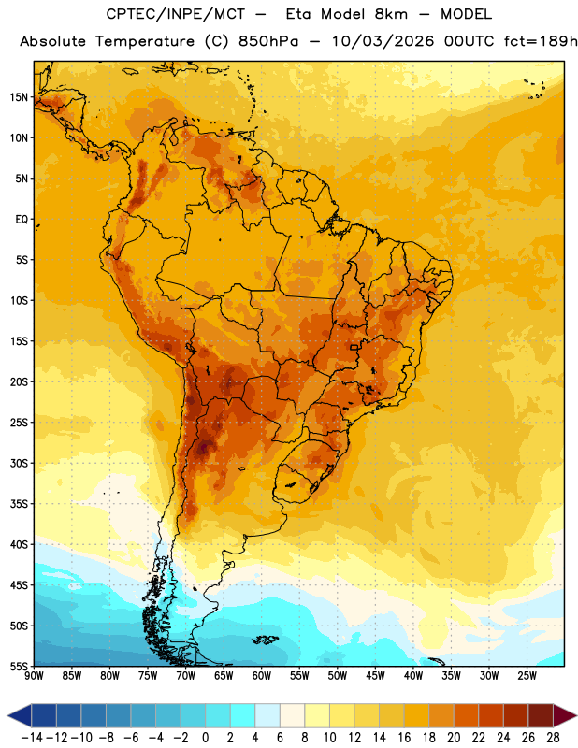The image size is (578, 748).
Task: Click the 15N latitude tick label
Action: pos(19,97)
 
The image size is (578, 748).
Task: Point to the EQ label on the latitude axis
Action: pos(22,220)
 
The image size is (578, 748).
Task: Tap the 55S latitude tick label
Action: pos(19,666)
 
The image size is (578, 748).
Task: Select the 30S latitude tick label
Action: pos(19,463)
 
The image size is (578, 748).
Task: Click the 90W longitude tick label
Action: pos(35,676)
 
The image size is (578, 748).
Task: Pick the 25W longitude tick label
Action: pos(527,676)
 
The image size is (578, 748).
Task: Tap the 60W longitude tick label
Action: pos(262,676)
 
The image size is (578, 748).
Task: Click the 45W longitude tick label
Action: pos(375,676)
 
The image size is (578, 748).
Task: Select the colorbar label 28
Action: pos(553,738)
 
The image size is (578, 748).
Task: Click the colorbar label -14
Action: pos(32,738)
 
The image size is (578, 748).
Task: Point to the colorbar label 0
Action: pos(205,738)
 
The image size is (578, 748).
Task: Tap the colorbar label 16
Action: pos(404,738)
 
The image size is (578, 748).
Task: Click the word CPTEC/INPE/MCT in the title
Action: pos(175,14)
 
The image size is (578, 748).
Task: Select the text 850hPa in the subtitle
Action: pos(268,41)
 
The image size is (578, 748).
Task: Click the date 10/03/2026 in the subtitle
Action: pos(383,41)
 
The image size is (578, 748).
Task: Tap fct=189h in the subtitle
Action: pos(541,41)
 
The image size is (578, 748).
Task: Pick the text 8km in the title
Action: pos(391,14)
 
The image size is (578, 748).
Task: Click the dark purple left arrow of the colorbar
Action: pos(19,715)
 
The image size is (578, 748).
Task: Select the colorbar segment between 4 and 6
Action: pos(267,715)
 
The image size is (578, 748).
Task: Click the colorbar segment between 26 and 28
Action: pos(541,715)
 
